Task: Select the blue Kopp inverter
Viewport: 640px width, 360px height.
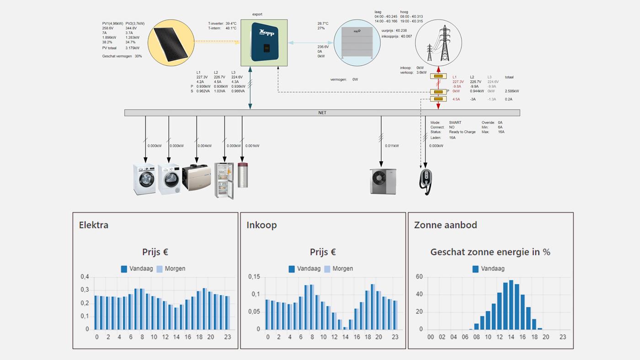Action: [x=264, y=42]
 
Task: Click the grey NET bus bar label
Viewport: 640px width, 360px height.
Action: [x=322, y=113]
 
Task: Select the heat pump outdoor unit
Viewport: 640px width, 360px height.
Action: [x=383, y=182]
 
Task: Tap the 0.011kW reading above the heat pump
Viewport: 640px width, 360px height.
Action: [x=391, y=146]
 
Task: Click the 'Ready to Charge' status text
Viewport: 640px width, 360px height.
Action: [x=462, y=132]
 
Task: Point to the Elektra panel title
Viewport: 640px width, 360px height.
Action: [x=94, y=225]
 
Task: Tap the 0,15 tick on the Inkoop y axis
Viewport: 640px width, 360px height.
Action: [x=254, y=277]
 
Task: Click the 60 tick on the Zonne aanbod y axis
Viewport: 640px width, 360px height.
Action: [x=419, y=277]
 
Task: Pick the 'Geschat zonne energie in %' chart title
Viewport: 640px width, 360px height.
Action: [x=490, y=252]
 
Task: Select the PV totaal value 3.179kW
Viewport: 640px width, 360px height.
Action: [x=133, y=48]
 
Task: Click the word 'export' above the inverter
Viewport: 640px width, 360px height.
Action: [x=257, y=14]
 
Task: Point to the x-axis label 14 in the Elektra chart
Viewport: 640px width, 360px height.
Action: [x=176, y=337]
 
